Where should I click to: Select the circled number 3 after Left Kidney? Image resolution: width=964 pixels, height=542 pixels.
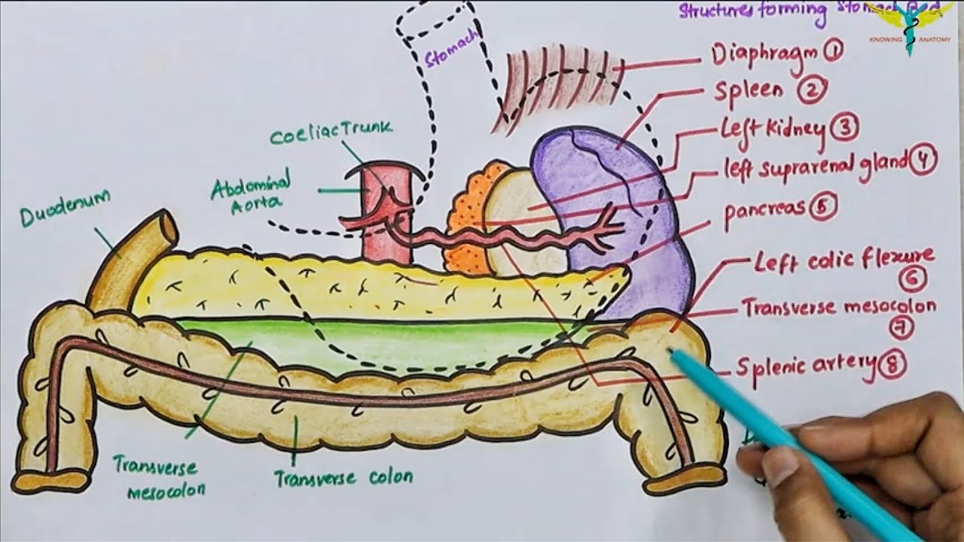(845, 128)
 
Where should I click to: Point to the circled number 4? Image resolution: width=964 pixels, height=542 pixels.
(923, 160)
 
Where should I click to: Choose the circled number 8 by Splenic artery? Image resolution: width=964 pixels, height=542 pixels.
(892, 366)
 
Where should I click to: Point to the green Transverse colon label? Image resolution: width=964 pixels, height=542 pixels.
(343, 477)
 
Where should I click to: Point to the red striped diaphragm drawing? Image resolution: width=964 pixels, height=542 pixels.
(557, 83)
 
